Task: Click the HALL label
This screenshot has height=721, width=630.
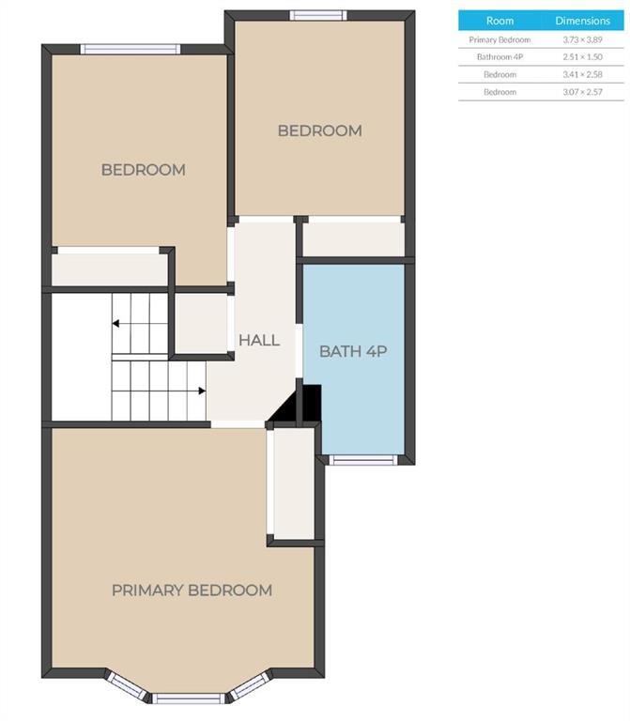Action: pos(259,340)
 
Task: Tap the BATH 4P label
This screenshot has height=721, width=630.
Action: pos(353,351)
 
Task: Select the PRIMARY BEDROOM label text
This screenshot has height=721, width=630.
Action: pos(192,590)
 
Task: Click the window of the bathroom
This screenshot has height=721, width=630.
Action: pos(363,460)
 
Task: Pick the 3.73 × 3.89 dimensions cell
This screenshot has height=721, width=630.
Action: pos(582,39)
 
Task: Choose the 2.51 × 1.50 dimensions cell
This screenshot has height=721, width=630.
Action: pos(582,57)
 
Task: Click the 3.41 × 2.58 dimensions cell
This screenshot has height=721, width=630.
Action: pos(582,74)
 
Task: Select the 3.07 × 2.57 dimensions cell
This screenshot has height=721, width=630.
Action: pos(582,92)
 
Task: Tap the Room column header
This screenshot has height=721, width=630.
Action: pos(499,21)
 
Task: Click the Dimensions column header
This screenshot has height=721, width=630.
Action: pos(583,21)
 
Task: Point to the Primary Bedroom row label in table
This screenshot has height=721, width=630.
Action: pos(499,39)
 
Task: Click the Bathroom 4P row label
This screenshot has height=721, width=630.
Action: pos(499,57)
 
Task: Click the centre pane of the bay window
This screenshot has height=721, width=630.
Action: pos(189,698)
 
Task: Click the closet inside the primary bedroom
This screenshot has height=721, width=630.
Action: pos(294,483)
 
